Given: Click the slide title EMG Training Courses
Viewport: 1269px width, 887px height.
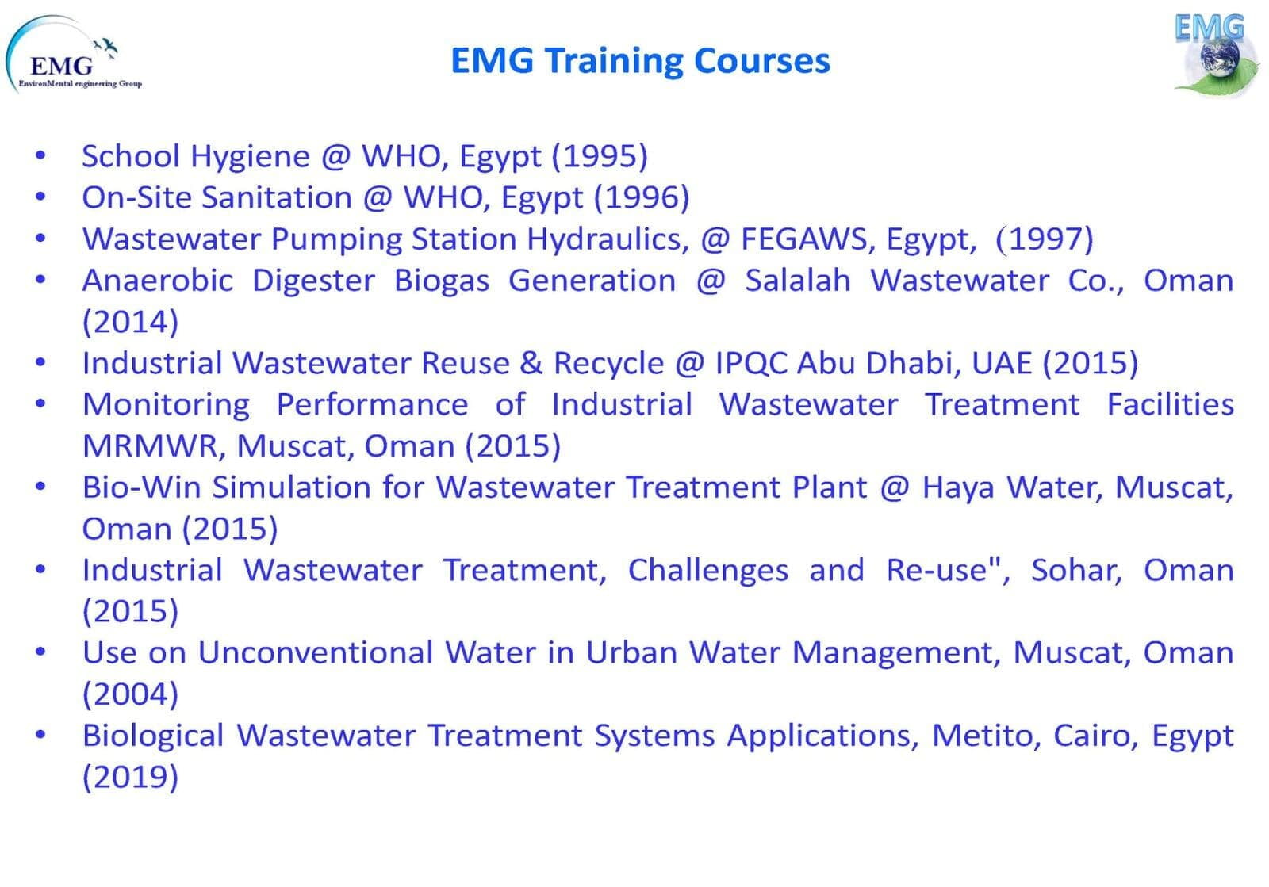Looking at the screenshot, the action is [640, 60].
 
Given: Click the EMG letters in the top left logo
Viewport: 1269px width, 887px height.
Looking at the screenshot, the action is [62, 67].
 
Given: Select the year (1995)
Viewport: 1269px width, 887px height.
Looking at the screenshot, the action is [600, 155].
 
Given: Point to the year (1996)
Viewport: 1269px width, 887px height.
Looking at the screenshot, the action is [642, 197].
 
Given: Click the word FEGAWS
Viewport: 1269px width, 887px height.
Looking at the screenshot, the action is [804, 239].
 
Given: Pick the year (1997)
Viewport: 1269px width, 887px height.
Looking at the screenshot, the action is [1044, 239].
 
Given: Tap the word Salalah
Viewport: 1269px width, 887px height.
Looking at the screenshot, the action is [798, 280].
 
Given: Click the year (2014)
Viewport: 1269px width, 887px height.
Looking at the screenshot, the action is [130, 322].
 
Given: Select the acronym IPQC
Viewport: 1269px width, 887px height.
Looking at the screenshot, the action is [751, 363].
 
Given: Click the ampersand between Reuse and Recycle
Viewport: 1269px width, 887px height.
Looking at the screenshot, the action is [531, 363].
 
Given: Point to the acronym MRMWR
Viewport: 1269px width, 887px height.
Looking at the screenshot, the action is [150, 446].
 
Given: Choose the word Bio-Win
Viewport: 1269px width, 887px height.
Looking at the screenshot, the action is [142, 487].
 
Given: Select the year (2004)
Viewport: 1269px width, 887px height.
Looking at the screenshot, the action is [130, 694].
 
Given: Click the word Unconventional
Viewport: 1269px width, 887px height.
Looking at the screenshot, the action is [316, 652].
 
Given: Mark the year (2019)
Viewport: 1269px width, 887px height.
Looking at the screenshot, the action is [130, 777].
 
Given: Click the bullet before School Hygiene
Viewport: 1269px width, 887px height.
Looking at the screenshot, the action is [40, 155].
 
